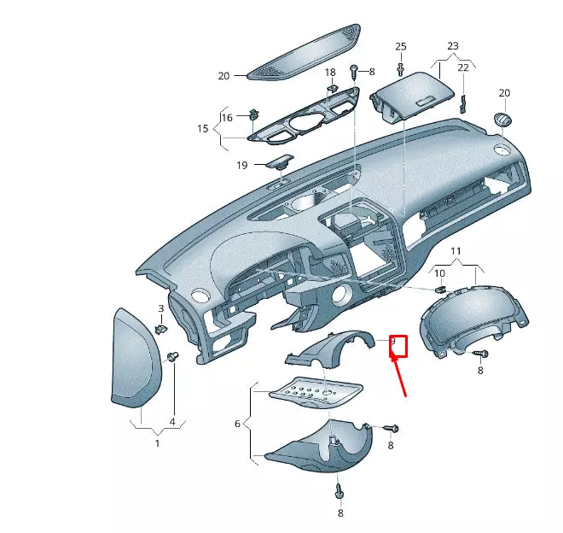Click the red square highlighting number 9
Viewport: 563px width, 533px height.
click(398, 346)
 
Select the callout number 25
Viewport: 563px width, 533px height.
click(401, 46)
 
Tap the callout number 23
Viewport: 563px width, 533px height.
click(452, 46)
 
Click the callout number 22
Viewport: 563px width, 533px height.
click(463, 67)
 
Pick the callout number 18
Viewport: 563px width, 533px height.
click(331, 73)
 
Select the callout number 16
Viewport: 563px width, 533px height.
click(227, 117)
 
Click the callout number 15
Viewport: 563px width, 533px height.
click(203, 129)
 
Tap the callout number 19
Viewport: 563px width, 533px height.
click(241, 165)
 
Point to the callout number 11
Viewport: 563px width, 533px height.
click(456, 252)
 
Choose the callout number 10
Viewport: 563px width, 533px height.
click(440, 273)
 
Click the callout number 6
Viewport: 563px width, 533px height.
click(238, 423)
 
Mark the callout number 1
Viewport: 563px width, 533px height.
click(157, 443)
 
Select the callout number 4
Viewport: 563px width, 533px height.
click(172, 421)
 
